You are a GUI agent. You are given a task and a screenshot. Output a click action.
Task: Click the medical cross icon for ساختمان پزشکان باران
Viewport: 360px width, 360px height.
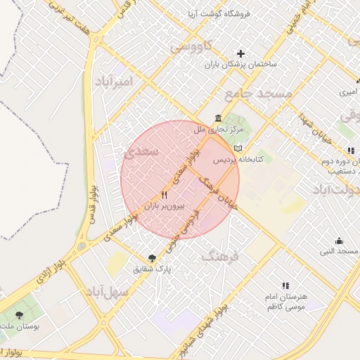pos(241,53)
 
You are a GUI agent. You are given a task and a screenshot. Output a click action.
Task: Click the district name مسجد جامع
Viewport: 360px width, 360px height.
pos(257,93)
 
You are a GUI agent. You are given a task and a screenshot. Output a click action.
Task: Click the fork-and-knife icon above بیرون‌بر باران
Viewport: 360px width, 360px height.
pos(165,195)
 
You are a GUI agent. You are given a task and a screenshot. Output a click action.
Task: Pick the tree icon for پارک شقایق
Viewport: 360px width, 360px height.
pos(153,257)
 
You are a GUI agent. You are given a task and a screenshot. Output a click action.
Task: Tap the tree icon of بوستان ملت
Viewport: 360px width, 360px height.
pos(18,315)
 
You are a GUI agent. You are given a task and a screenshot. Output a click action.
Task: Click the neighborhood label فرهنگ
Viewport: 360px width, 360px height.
pos(220,257)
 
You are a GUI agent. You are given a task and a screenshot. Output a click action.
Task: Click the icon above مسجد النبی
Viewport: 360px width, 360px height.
pos(340,240)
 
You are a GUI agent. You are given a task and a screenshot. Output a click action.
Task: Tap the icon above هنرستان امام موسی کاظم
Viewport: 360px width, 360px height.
pos(285,285)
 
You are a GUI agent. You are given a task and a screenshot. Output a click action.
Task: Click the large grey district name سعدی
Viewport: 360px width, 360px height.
pos(142,151)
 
